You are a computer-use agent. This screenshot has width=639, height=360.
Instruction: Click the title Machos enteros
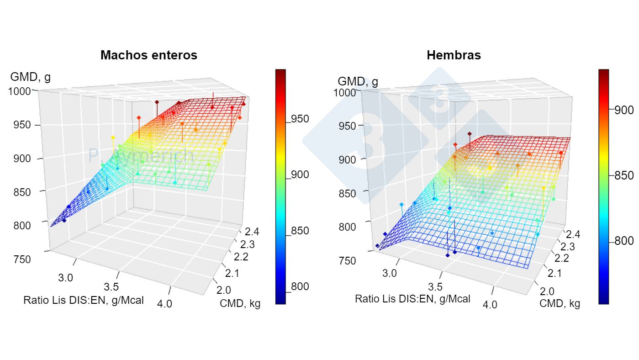[x=148, y=55]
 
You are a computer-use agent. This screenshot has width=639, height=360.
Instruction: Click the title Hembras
[x=453, y=55]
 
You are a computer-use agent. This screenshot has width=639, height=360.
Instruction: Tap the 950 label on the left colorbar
[x=300, y=119]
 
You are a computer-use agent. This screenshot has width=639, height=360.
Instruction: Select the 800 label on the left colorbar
[x=300, y=287]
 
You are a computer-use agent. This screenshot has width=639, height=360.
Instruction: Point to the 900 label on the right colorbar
[x=623, y=110]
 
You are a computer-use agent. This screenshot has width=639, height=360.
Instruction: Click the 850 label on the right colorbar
[x=623, y=176]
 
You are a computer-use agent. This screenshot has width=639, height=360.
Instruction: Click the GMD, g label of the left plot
[x=30, y=77]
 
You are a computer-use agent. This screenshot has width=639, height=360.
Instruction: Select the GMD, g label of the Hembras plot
[x=358, y=82]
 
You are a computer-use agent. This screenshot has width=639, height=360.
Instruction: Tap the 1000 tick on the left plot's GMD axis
[x=19, y=91]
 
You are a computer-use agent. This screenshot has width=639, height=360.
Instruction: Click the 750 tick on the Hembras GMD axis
[x=348, y=261]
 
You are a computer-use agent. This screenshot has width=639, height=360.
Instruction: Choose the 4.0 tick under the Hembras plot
[x=490, y=304]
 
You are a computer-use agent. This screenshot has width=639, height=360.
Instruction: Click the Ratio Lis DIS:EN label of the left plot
[x=83, y=300]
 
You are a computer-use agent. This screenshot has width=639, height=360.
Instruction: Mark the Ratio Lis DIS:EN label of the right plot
[x=412, y=299]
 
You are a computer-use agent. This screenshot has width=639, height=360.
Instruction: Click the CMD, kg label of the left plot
[x=240, y=303]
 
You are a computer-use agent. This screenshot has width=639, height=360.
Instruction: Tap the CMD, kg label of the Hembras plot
[x=560, y=303]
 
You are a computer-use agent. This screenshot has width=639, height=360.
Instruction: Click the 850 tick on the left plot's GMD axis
[x=19, y=192]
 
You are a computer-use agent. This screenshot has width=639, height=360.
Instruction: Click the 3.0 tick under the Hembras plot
[x=390, y=273]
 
